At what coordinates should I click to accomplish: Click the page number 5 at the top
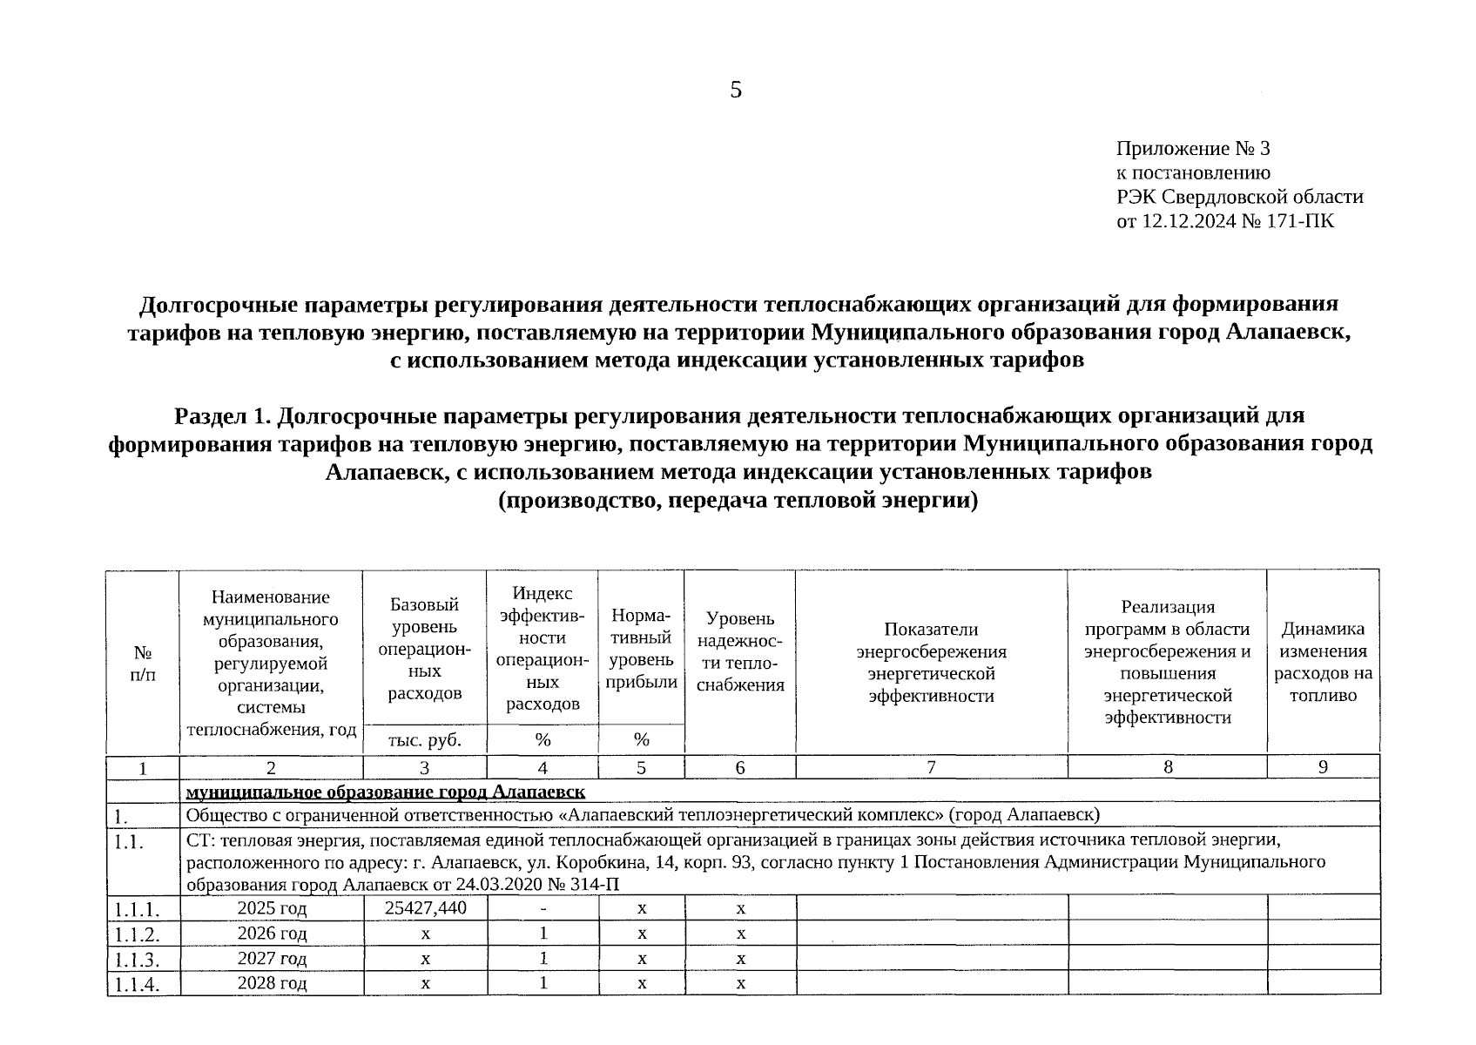pos(736,91)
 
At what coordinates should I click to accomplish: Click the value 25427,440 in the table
pos(425,908)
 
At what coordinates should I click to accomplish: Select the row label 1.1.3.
pos(137,960)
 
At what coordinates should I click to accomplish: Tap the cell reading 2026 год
pos(272,934)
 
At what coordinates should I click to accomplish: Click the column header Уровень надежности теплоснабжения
pos(740,651)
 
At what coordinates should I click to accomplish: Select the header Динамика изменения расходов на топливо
pos(1323,662)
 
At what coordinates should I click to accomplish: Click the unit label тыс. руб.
pos(425,740)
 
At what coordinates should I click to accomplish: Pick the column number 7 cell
pos(931,767)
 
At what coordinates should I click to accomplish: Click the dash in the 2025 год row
pos(543,909)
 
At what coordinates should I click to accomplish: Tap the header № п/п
pos(143,663)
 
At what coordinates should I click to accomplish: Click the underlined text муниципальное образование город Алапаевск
pos(385,792)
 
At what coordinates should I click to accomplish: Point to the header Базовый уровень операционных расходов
pos(425,649)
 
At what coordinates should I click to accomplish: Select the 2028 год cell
pos(272,983)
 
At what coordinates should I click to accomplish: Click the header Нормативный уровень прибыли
pos(641,649)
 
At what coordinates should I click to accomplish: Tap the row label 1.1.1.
pos(137,910)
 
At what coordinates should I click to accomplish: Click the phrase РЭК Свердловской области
pos(1239,197)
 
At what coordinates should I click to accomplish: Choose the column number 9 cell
pos(1323,767)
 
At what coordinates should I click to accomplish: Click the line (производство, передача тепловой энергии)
pos(738,502)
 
